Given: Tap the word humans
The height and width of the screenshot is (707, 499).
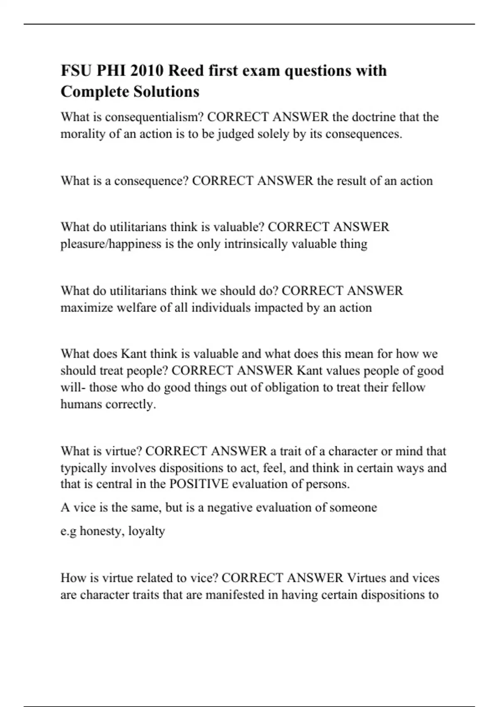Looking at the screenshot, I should click(81, 404).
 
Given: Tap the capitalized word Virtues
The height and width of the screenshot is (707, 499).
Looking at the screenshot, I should click(366, 578).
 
